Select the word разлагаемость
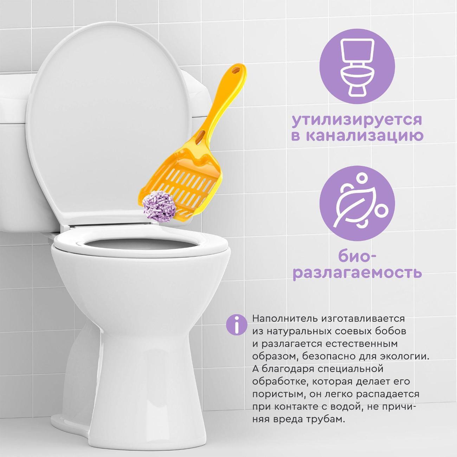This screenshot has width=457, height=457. point(356,273)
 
